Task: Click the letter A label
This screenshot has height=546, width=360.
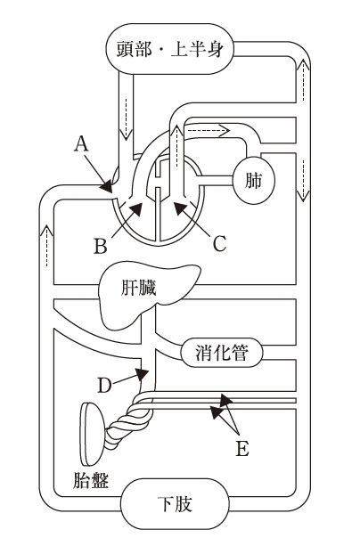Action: coord(81,143)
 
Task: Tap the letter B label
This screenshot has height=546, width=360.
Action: coord(101,246)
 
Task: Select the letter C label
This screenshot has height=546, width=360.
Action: coord(220,243)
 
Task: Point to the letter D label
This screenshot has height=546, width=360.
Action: coord(104,386)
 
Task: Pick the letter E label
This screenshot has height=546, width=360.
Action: coord(242,448)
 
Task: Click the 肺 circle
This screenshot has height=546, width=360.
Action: coord(254,181)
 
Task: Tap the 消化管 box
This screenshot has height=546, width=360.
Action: coord(222,353)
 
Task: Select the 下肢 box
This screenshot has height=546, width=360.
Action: coord(175,503)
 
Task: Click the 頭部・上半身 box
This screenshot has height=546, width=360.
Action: coord(169,49)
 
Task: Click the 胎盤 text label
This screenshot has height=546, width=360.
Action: coord(91,481)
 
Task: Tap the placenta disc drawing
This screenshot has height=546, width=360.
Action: coord(92,434)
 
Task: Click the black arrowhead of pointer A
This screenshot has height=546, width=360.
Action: coord(106,185)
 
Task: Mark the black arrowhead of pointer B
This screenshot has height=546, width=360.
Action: coord(136,209)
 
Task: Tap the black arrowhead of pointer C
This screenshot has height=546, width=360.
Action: coord(180,208)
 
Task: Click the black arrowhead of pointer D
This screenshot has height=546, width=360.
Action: coord(143,374)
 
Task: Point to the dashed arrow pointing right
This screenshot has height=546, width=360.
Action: coord(207,131)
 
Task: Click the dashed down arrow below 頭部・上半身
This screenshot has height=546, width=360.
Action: coord(126,118)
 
